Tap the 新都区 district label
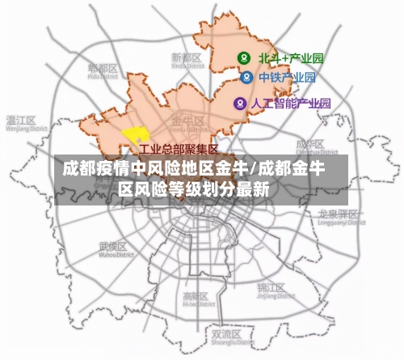coord(186,58)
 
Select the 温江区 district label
coord(21,121)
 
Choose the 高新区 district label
coord(196,296)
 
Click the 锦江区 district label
coord(270,288)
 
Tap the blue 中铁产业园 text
coord(287,78)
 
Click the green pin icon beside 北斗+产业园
coord(242,57)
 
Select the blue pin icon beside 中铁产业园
coord(246,78)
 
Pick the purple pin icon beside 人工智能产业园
coord(239,104)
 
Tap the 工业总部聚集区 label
coord(179,149)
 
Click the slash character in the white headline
coord(255,170)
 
